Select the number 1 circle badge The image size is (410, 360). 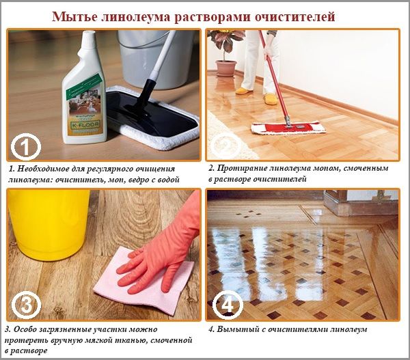[x=25, y=146]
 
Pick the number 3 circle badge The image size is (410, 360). [x=25, y=303]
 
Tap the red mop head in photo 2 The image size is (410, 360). [x=288, y=128]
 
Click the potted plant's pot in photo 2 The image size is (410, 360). [x=225, y=68]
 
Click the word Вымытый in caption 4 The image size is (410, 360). [x=234, y=329]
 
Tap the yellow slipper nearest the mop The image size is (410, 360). [x=271, y=100]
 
